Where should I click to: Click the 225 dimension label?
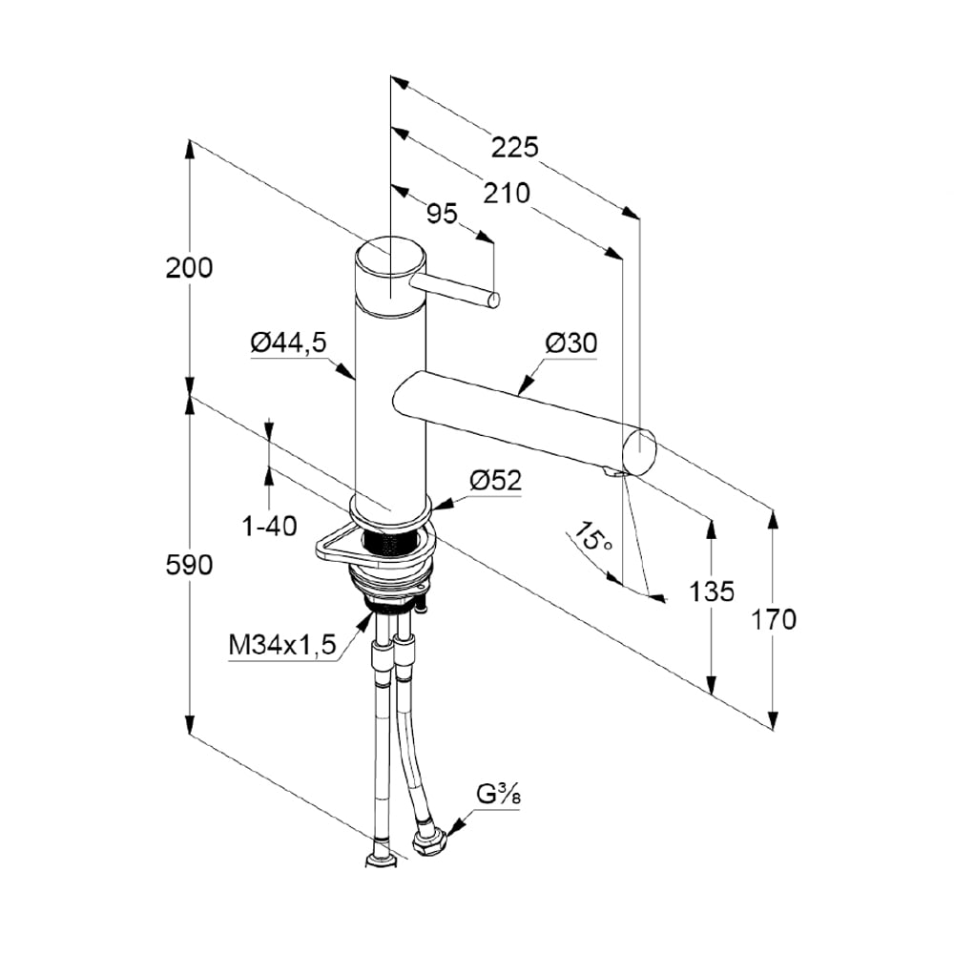click(x=516, y=147)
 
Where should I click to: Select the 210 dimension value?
click(x=506, y=194)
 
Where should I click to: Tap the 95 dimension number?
click(x=442, y=214)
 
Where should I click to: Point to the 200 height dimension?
click(x=189, y=268)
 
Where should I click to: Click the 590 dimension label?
click(x=189, y=565)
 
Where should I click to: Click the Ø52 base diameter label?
click(x=496, y=481)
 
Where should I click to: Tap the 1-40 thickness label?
click(x=269, y=525)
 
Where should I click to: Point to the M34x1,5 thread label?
click(x=283, y=646)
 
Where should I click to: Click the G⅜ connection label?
click(x=498, y=794)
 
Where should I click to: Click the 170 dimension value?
click(x=774, y=620)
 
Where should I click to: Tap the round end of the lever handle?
click(x=493, y=301)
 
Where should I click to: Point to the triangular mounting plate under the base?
click(x=329, y=547)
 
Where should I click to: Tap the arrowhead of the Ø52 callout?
click(x=441, y=501)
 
